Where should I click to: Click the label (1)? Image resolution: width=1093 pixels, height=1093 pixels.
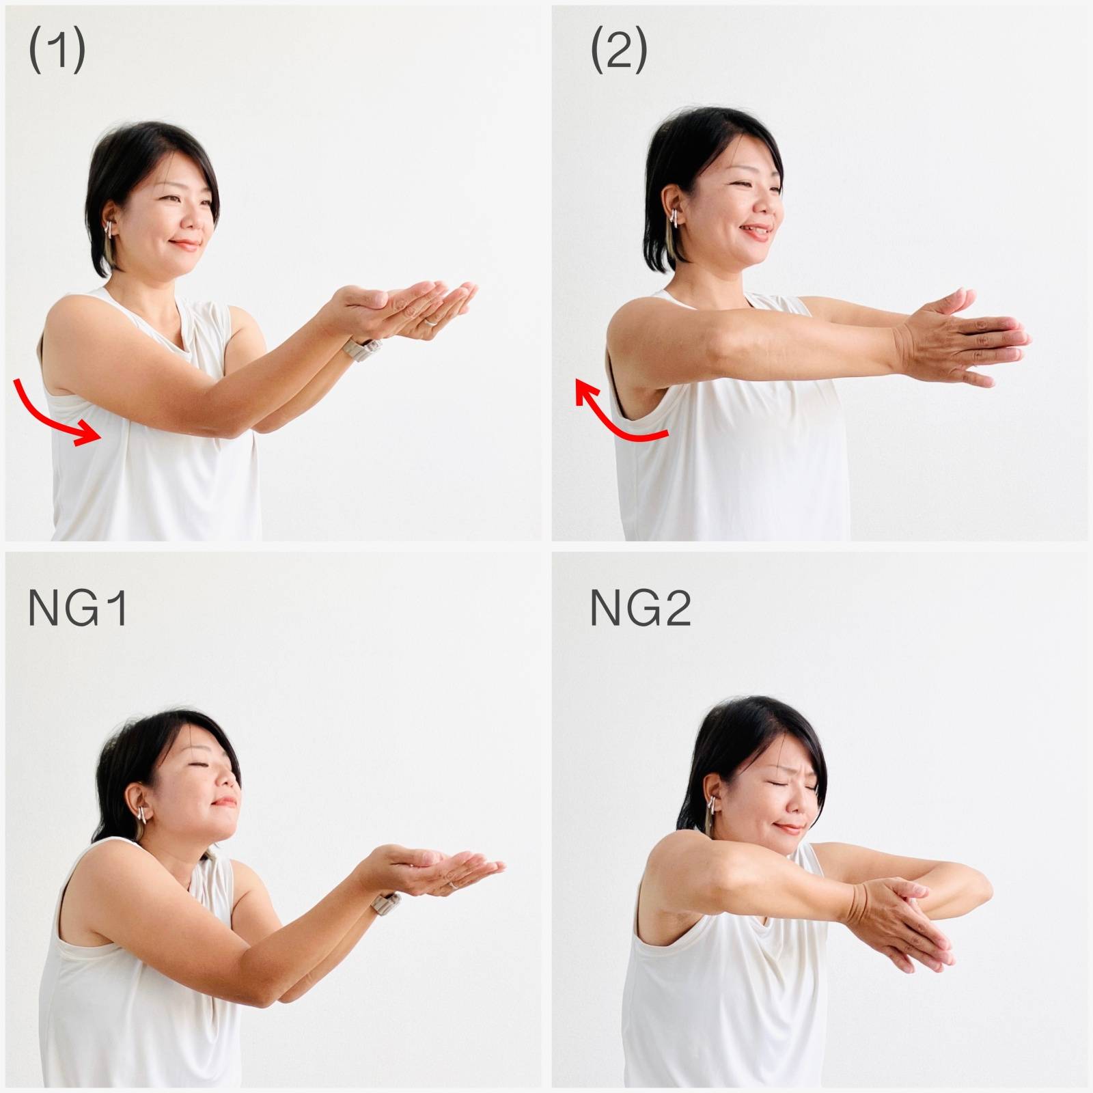pos(57,51)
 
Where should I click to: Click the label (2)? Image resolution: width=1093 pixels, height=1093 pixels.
pos(619,51)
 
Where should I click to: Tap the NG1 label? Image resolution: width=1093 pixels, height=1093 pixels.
pos(77,608)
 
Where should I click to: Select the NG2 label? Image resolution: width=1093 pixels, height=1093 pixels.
pos(640,608)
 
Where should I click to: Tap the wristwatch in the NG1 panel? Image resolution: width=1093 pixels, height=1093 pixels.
pos(386,902)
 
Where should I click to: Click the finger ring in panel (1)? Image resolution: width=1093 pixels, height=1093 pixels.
pos(431,320)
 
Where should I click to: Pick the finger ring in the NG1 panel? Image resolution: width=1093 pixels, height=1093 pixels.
pos(453,884)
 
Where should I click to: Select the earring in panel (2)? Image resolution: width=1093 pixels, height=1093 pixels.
pos(675,218)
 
